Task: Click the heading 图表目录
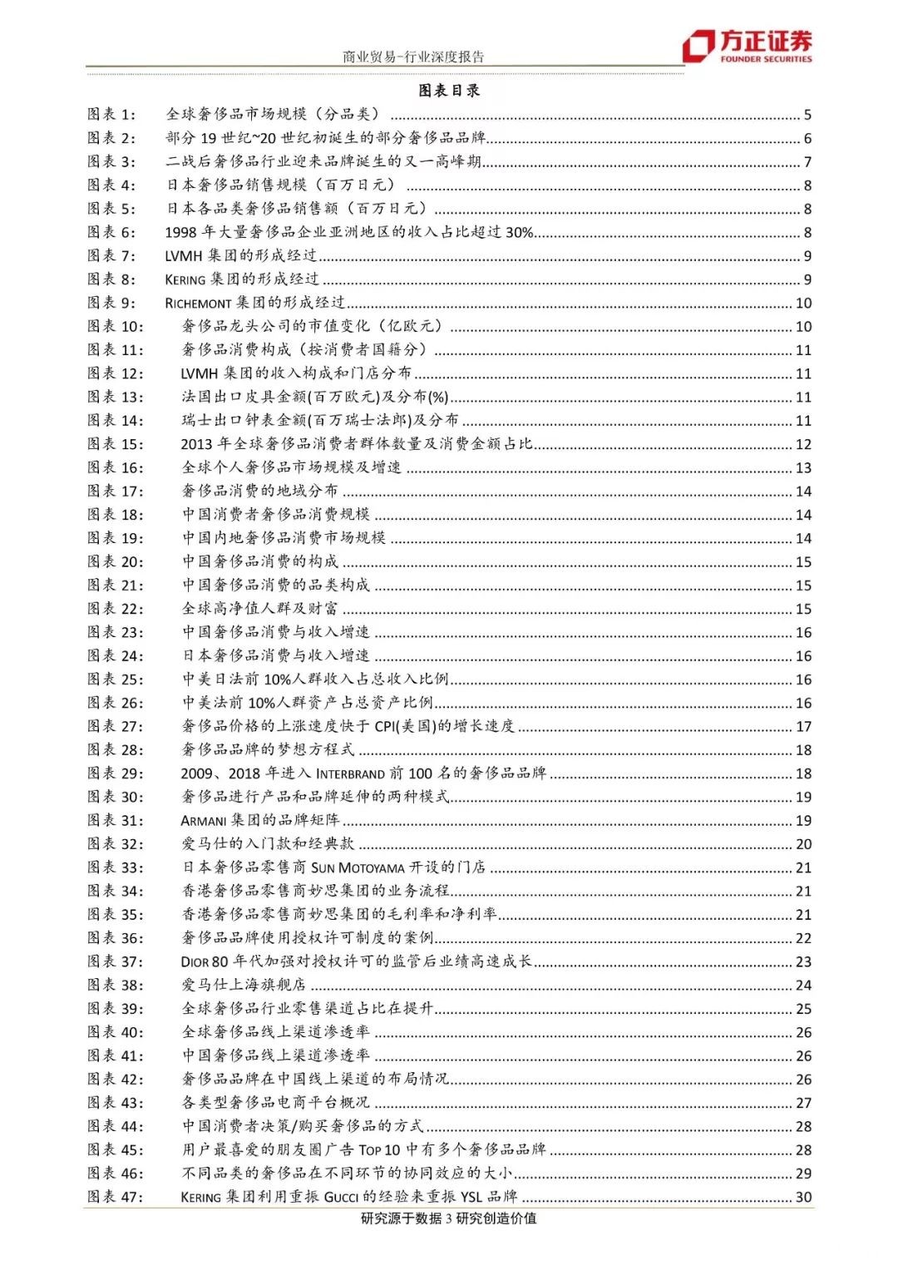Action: [449, 91]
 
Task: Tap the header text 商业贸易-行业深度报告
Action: [413, 57]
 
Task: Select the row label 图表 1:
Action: [111, 115]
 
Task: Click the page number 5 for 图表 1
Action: [807, 115]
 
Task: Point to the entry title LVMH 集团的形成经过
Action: [241, 256]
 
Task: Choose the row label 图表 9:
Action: [111, 303]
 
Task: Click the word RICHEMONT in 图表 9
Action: [198, 304]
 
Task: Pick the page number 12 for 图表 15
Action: [803, 444]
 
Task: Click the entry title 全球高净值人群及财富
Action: [260, 609]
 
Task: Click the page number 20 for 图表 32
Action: [803, 844]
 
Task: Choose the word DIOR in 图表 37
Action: [195, 962]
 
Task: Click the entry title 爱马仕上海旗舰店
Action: [244, 985]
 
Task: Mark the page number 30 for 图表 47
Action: [803, 1197]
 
